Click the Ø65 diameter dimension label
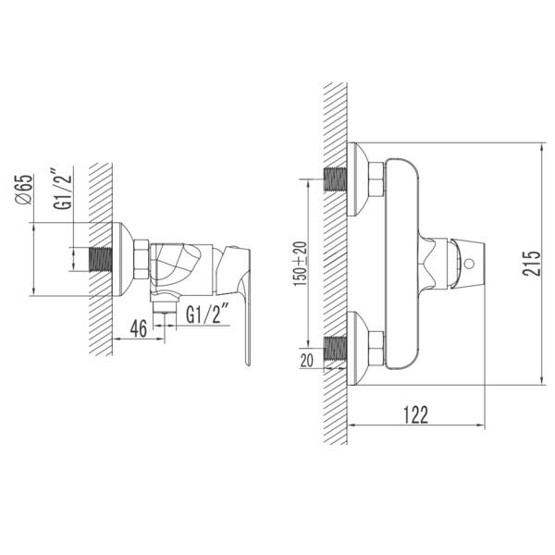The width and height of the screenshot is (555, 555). pyautogui.click(x=24, y=190)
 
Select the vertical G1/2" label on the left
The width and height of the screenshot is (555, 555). pyautogui.click(x=63, y=190)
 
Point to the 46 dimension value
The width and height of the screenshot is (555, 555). pyautogui.click(x=139, y=328)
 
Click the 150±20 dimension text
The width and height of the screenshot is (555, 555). pyautogui.click(x=300, y=264)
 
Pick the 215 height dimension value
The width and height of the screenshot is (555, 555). pyautogui.click(x=531, y=264)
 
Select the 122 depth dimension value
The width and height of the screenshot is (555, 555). pyautogui.click(x=416, y=414)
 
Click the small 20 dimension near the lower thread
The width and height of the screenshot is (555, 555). pyautogui.click(x=306, y=361)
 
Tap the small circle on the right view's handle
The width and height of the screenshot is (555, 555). pyautogui.click(x=469, y=264)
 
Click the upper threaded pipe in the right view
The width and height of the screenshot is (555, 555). pyautogui.click(x=335, y=179)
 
